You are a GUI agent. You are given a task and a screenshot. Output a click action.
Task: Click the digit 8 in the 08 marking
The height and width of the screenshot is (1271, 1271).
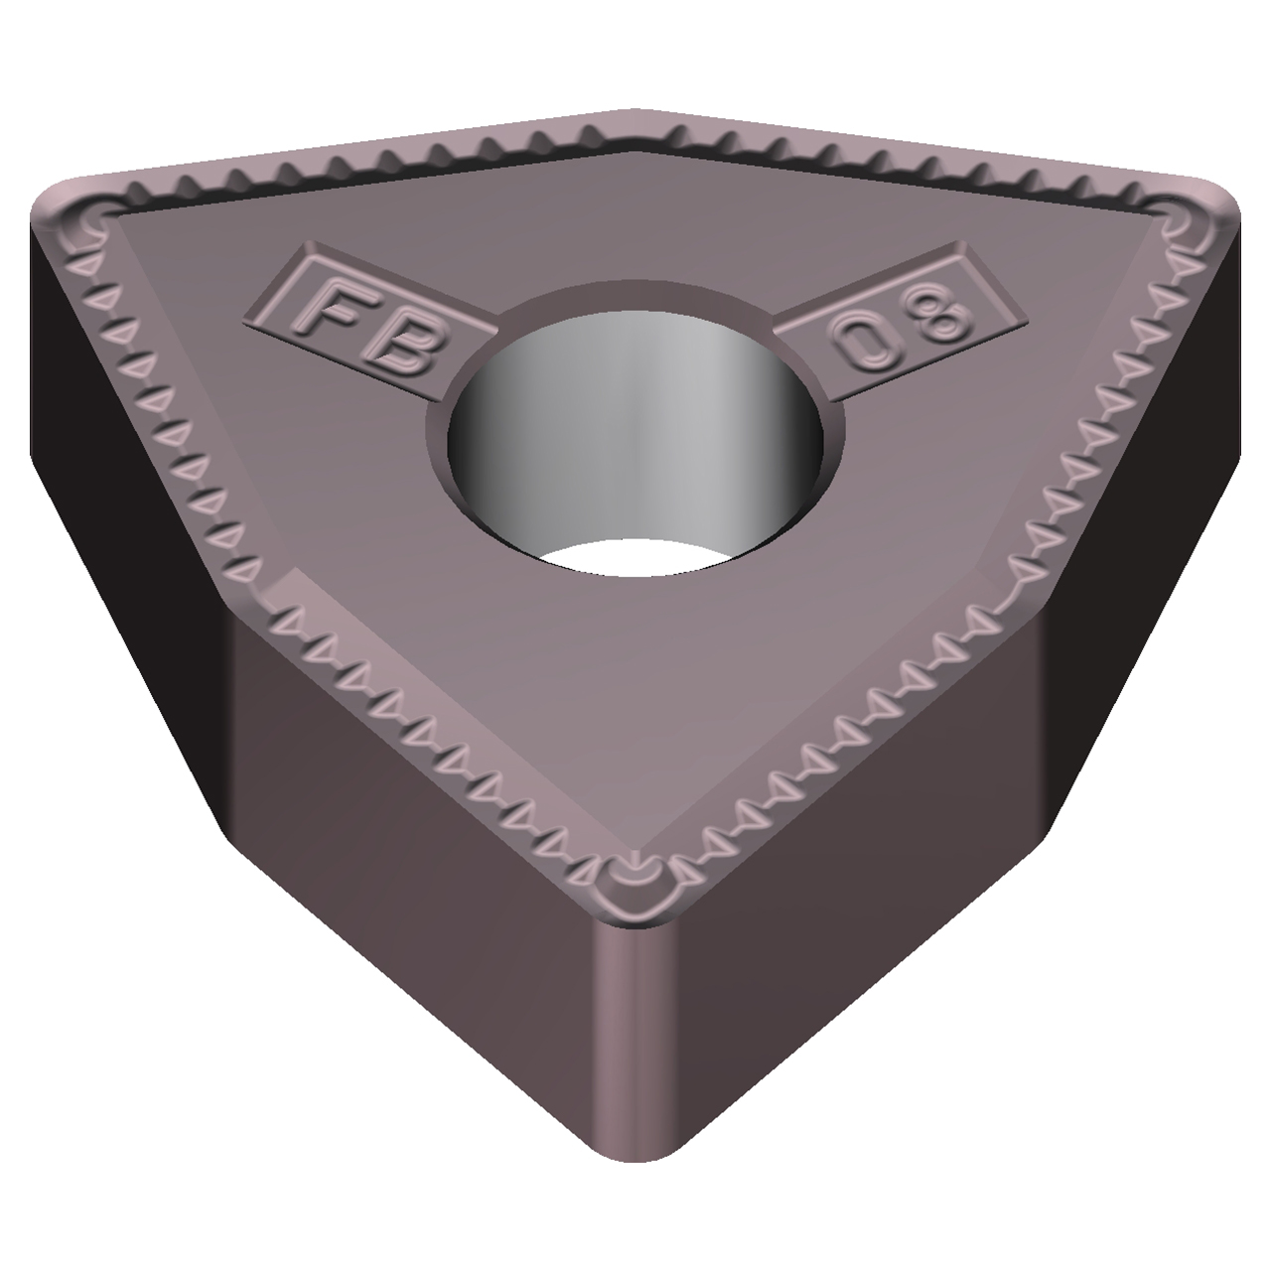click(x=939, y=314)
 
